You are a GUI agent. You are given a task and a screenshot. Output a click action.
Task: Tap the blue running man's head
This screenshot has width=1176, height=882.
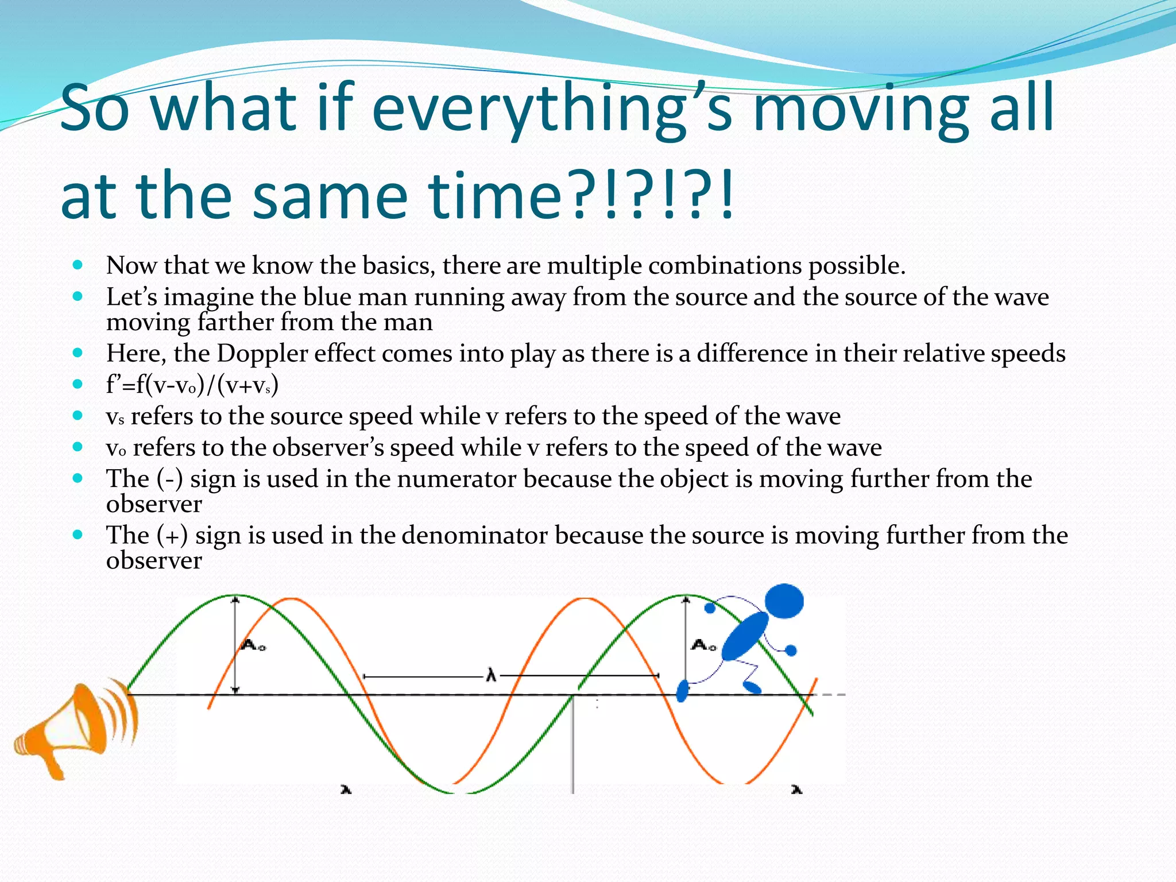click(784, 601)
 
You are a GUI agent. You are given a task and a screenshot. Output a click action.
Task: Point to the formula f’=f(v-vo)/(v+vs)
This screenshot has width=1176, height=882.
click(192, 385)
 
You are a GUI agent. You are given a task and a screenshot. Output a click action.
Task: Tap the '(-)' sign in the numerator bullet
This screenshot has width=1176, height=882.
click(169, 479)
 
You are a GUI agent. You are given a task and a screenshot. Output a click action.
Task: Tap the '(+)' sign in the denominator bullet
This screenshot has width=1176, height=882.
click(172, 535)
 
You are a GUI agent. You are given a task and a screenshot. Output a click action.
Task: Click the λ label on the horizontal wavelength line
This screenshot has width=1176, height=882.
click(491, 675)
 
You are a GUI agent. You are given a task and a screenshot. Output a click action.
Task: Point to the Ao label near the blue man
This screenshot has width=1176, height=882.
click(703, 645)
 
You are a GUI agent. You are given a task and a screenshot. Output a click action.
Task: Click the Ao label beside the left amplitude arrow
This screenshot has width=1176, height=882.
click(253, 645)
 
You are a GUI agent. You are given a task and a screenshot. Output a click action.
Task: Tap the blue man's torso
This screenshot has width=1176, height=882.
click(745, 636)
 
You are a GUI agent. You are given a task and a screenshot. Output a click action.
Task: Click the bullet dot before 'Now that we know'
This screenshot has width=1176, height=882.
click(78, 265)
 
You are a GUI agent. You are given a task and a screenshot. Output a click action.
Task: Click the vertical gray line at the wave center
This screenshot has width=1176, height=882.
click(572, 746)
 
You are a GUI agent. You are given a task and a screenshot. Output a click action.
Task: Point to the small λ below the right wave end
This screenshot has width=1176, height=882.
click(796, 790)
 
